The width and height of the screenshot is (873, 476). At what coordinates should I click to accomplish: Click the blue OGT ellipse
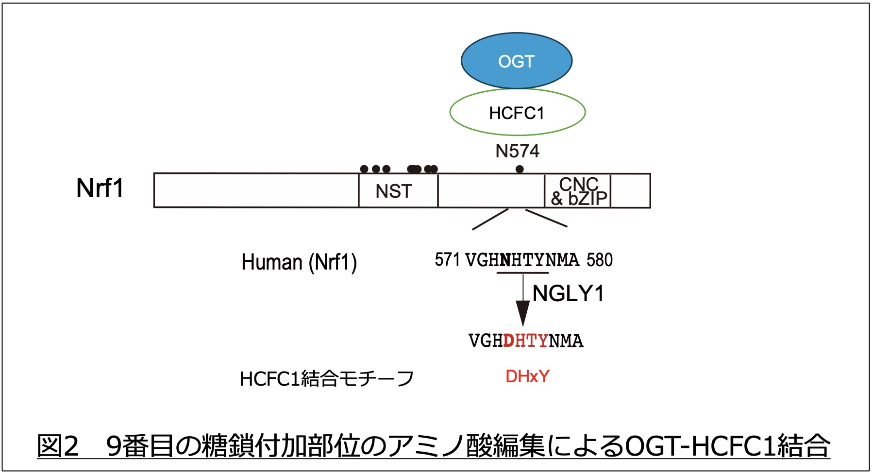[x=516, y=61]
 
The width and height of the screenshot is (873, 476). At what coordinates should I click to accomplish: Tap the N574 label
[x=517, y=151]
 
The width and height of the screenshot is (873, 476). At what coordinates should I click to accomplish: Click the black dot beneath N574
[x=520, y=169]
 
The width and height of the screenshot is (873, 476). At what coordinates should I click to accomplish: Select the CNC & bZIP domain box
[x=578, y=191]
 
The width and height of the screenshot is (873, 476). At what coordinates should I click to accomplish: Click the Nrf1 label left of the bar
[x=100, y=188]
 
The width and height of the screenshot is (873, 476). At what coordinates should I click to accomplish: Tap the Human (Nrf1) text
[x=299, y=262]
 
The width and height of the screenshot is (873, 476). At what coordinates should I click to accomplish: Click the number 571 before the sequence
[x=447, y=260]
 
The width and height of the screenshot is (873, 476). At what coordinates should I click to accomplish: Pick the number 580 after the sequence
[x=599, y=260]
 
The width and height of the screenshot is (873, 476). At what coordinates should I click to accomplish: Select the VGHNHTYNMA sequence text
[x=522, y=260]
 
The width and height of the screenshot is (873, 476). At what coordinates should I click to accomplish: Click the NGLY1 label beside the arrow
[x=568, y=294]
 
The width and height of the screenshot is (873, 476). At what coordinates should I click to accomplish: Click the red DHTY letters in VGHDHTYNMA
[x=526, y=341]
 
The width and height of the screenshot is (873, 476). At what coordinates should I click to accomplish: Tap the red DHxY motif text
[x=527, y=376]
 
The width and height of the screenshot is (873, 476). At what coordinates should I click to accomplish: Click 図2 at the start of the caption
[x=58, y=446]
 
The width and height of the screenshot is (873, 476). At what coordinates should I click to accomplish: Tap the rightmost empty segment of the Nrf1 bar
[x=630, y=191]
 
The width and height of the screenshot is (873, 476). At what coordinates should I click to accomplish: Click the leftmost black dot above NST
[x=364, y=169]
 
